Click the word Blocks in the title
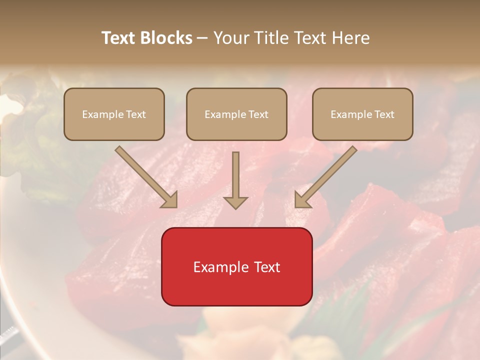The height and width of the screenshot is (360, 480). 166,38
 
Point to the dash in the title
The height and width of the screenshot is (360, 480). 202,38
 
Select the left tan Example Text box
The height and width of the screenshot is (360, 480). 114,114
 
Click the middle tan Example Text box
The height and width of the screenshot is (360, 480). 236,114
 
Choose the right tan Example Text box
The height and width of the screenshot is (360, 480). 362,114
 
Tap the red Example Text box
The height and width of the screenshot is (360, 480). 236,266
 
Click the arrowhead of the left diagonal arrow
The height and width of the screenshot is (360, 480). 170,200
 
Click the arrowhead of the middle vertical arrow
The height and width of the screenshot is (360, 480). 235,202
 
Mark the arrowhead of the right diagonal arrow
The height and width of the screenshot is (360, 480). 302,200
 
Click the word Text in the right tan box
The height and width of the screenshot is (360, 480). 384,114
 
